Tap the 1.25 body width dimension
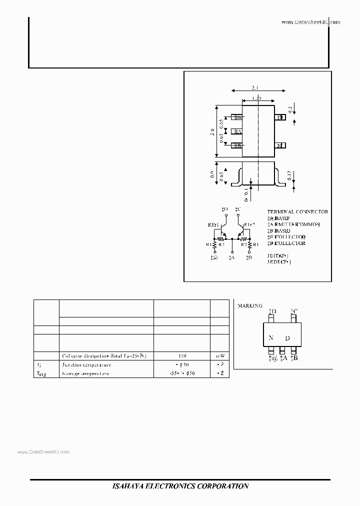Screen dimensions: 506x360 [x=257, y=98]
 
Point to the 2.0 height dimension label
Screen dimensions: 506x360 [x=212, y=132]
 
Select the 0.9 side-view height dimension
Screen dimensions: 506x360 [x=212, y=175]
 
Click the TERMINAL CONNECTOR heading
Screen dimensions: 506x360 [x=297, y=212]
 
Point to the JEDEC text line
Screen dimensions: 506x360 [x=279, y=261]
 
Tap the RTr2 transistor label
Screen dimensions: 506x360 [x=250, y=225]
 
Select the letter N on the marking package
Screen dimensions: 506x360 [x=270, y=338]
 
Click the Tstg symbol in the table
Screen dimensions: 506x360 [x=42, y=373]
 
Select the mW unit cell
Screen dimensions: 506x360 [x=219, y=356]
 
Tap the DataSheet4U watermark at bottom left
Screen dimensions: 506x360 [x=44, y=451]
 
